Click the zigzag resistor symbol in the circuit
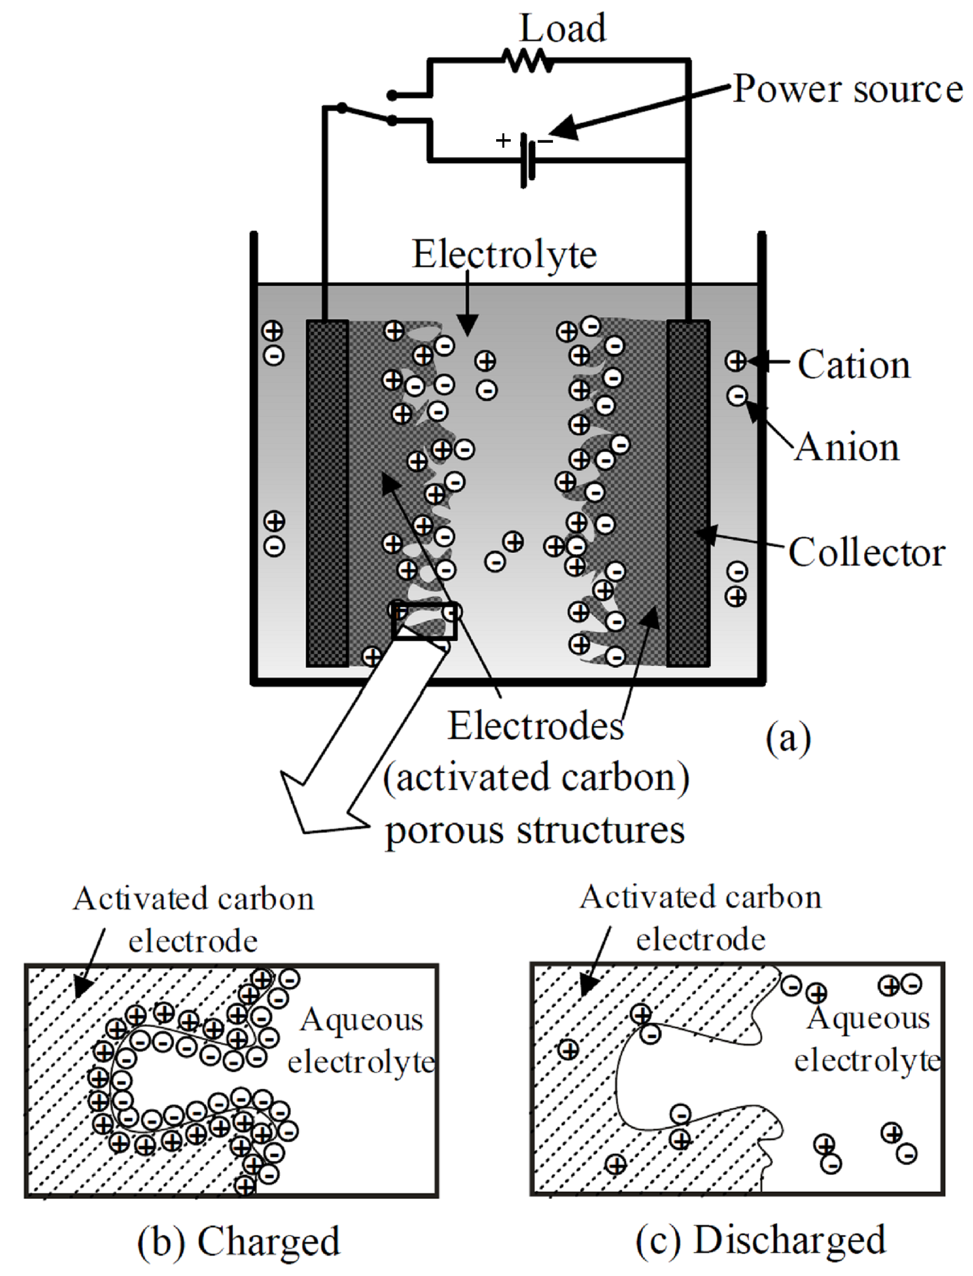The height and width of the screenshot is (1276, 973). [x=527, y=60]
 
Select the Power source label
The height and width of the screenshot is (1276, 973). [x=847, y=89]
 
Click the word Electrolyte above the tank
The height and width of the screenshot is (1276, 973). [x=504, y=254]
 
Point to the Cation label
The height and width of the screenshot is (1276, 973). [x=854, y=364]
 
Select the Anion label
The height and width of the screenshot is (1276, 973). [x=847, y=447]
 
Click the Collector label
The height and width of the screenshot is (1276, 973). [x=866, y=552]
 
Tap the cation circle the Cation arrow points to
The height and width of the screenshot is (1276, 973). [x=736, y=361]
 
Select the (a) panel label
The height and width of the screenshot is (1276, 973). [x=788, y=739]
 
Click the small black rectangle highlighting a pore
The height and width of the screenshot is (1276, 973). [x=424, y=620]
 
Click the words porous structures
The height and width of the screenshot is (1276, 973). [x=535, y=829]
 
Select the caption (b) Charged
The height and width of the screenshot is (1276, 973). [x=239, y=1241]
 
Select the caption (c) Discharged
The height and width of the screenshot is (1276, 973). [x=761, y=1240]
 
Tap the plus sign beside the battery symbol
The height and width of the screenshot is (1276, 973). [x=503, y=140]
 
